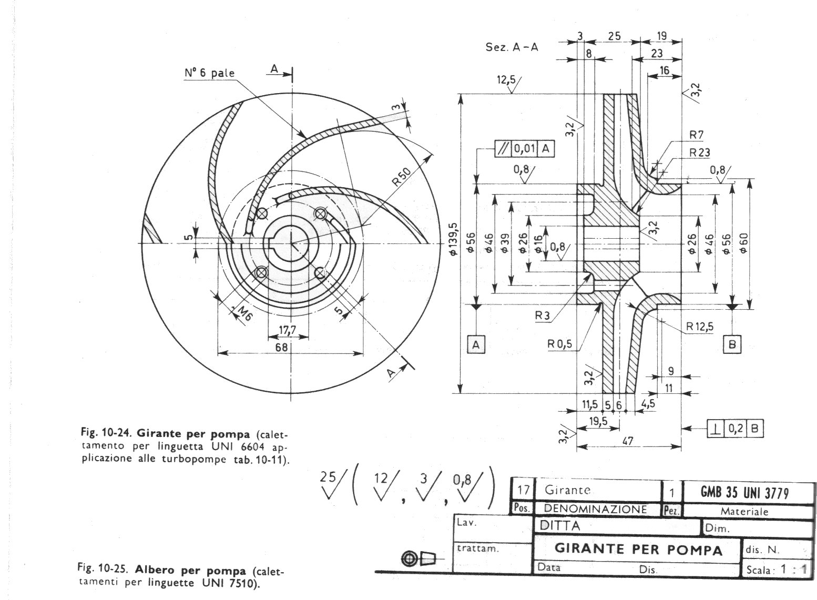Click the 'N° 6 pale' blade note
click(209, 73)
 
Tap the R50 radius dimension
click(402, 177)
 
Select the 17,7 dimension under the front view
click(288, 330)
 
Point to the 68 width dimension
click(281, 347)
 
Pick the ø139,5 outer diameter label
click(453, 239)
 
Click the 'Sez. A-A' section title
click(512, 47)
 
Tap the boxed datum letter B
click(732, 344)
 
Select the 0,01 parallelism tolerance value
click(524, 148)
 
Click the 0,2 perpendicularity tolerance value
click(736, 428)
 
